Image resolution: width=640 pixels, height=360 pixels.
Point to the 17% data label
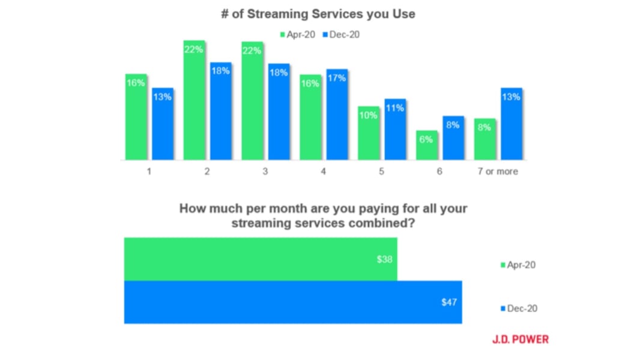(337, 78)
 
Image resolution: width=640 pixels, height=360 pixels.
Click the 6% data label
(427, 139)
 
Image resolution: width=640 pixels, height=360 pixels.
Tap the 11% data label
(395, 108)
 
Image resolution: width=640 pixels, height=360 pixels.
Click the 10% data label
(369, 115)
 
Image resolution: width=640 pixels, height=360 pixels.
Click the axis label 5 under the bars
(381, 172)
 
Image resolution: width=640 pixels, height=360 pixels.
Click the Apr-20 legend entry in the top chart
(297, 34)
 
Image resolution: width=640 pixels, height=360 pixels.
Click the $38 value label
(384, 260)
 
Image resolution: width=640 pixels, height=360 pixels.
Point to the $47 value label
(449, 302)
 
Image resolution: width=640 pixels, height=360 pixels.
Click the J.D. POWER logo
(520, 340)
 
